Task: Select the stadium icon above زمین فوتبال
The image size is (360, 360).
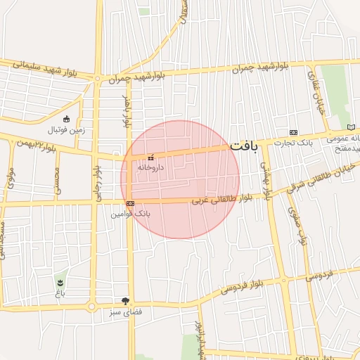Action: [67, 119]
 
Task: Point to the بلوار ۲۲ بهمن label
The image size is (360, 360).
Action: [31, 143]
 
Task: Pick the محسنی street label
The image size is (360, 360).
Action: [58, 181]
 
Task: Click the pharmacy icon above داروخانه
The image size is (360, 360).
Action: [150, 157]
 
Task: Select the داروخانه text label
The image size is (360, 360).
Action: [150, 168]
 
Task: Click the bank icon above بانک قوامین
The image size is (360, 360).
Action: [130, 203]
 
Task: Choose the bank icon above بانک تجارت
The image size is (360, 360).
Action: [293, 133]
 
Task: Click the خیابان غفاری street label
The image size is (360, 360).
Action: [314, 88]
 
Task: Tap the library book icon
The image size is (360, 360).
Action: [352, 127]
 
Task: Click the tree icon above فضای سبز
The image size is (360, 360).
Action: [126, 300]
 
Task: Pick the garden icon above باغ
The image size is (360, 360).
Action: [60, 282]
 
